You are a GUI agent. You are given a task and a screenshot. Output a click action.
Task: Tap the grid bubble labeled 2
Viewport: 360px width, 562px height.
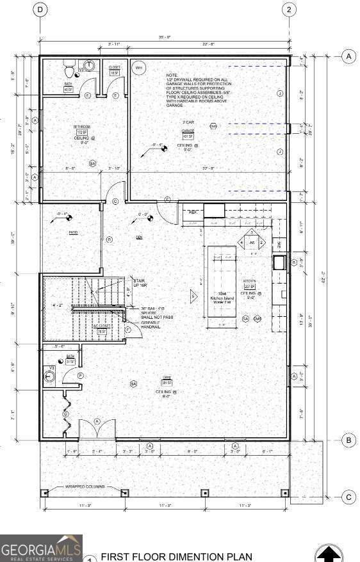(x=289, y=9)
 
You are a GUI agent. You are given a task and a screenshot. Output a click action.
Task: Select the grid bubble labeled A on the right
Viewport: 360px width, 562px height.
(x=349, y=56)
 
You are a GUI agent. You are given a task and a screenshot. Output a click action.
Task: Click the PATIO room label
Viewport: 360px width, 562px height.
(x=74, y=232)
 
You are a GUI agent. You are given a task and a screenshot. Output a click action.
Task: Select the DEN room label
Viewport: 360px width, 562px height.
(x=139, y=237)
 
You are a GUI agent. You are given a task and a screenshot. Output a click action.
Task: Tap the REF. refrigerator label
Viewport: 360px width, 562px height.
(x=192, y=212)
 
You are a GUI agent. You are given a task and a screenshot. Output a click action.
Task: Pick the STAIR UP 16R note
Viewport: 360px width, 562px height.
(x=138, y=283)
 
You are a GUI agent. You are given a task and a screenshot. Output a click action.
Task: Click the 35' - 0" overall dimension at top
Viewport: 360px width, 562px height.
(x=164, y=37)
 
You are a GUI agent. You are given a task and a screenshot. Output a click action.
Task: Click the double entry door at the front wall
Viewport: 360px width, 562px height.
(x=97, y=430)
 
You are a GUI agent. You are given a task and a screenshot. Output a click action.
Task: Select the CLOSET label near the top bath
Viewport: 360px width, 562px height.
(x=114, y=67)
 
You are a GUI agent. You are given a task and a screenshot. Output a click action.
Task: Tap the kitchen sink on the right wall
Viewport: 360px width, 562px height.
(x=279, y=262)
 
